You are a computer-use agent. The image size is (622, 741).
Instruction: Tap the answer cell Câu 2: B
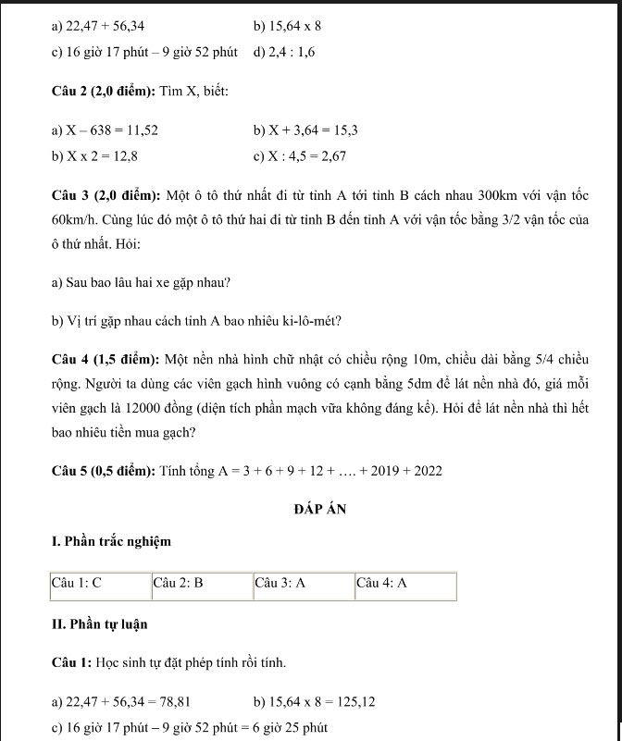pyautogui.click(x=178, y=585)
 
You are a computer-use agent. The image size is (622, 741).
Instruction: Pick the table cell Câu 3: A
pyautogui.click(x=280, y=585)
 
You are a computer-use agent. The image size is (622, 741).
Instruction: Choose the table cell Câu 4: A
pyautogui.click(x=382, y=585)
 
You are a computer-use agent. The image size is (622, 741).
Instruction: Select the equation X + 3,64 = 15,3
pyautogui.click(x=313, y=131)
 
